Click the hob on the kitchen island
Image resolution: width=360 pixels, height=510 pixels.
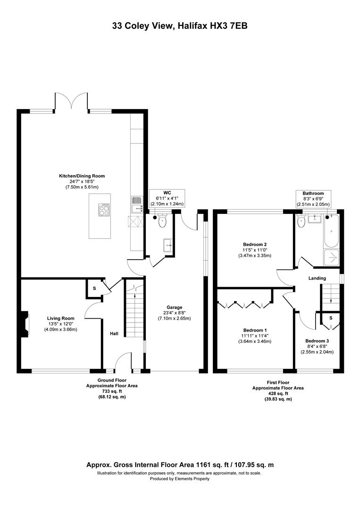click(x=104, y=210)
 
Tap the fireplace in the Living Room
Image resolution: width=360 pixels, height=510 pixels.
click(x=25, y=324)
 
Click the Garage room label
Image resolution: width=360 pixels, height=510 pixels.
click(x=175, y=307)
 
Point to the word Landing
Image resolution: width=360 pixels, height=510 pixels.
click(x=317, y=278)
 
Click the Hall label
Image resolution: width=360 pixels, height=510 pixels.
click(x=114, y=334)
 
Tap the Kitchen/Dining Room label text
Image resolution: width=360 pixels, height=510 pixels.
click(x=82, y=176)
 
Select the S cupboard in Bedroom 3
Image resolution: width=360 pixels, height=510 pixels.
click(x=331, y=318)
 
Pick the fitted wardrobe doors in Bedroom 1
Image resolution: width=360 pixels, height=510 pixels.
click(x=244, y=305)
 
